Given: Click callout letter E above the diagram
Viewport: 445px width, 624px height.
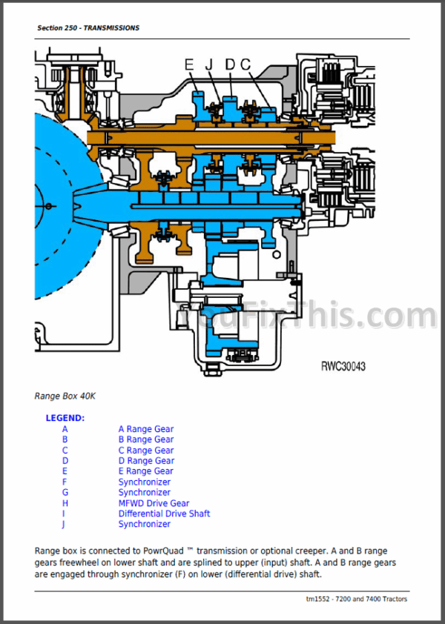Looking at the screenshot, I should pyautogui.click(x=189, y=65).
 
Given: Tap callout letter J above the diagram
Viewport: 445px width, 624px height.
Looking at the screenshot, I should pyautogui.click(x=209, y=65).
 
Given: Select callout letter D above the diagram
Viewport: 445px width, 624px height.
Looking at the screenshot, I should pyautogui.click(x=230, y=65).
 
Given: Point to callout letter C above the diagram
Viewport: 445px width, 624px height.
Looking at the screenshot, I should pyautogui.click(x=245, y=65).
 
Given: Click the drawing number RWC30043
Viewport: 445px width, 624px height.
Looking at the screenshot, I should pyautogui.click(x=343, y=366).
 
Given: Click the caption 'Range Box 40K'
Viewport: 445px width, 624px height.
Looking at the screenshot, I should pyautogui.click(x=65, y=396).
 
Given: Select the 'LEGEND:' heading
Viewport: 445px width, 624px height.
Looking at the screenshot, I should pyautogui.click(x=65, y=418).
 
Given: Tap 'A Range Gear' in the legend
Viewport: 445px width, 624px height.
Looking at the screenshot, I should pyautogui.click(x=146, y=429).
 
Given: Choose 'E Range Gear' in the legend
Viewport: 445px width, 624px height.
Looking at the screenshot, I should pyautogui.click(x=146, y=471).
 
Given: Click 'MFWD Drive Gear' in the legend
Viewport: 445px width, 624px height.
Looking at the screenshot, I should pyautogui.click(x=154, y=503).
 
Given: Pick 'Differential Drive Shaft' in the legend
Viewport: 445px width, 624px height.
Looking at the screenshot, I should pyautogui.click(x=164, y=514).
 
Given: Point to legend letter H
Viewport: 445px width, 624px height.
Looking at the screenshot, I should pyautogui.click(x=65, y=503).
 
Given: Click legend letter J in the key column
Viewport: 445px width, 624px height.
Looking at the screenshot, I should pyautogui.click(x=65, y=524).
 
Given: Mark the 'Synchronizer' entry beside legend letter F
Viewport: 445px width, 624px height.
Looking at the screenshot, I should pyautogui.click(x=144, y=482).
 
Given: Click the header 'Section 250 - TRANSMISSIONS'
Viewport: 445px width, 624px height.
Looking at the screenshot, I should pyautogui.click(x=88, y=28).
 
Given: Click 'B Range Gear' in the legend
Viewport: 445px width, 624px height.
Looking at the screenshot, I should pyautogui.click(x=146, y=439).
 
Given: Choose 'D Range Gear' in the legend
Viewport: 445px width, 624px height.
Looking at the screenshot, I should pyautogui.click(x=146, y=461).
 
